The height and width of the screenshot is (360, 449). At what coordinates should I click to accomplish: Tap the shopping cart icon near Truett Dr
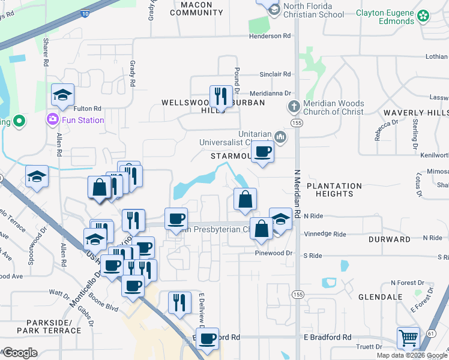click(x=408, y=338)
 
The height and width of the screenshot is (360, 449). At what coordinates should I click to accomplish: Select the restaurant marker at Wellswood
click(x=220, y=96)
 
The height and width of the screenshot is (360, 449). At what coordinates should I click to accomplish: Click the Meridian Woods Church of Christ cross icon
click(x=294, y=107)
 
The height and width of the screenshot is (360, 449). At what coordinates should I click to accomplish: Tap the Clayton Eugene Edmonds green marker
click(x=424, y=16)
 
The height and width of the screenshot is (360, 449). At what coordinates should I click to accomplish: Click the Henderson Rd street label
click(x=271, y=36)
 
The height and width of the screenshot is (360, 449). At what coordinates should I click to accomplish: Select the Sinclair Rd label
click(x=275, y=74)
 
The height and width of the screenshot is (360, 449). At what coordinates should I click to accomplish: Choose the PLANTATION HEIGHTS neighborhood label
click(x=334, y=190)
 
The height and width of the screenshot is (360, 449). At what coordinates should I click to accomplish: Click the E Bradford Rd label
click(x=327, y=337)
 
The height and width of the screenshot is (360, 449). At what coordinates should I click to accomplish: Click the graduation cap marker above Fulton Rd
click(x=62, y=95)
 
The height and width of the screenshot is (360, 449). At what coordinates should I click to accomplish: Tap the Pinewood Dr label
click(x=273, y=253)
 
